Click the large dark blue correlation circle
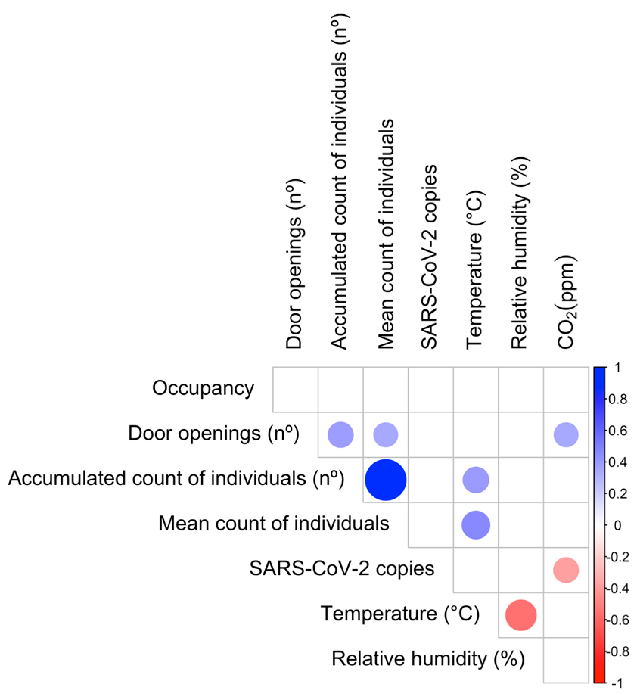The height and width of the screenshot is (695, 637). (x=385, y=480)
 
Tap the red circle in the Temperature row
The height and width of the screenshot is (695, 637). (x=521, y=615)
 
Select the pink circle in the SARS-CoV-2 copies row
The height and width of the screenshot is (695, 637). (x=566, y=570)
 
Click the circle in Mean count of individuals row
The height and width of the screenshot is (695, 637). (x=476, y=525)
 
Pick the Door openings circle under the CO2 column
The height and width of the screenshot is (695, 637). (x=566, y=435)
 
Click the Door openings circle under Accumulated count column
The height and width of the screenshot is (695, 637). (x=340, y=435)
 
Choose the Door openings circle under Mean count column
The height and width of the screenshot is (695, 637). (x=385, y=435)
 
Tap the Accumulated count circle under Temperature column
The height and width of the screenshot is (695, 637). (x=476, y=480)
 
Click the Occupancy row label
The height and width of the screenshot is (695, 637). (x=203, y=389)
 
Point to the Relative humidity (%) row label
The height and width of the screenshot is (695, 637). (x=428, y=659)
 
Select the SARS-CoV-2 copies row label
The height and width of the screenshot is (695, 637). (x=342, y=569)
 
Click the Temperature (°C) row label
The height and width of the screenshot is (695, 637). (x=400, y=613)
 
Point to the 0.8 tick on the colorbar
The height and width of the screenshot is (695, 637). (x=617, y=399)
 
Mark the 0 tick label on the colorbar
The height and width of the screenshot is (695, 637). (x=617, y=526)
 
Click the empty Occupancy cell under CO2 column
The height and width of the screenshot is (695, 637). (x=566, y=389)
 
